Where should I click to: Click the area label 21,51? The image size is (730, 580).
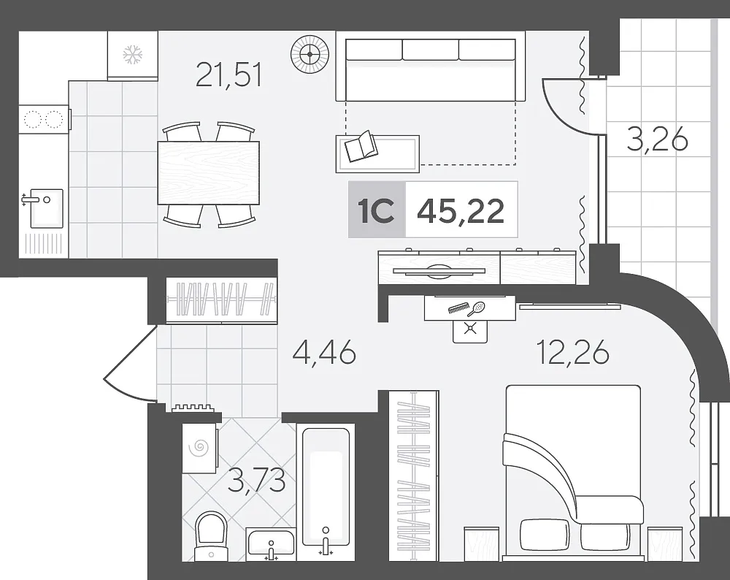pyautogui.click(x=229, y=75)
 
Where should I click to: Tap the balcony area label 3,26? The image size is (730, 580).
pyautogui.click(x=658, y=140)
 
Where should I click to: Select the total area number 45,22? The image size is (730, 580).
pyautogui.click(x=461, y=211)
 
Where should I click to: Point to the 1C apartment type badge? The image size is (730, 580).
pyautogui.click(x=377, y=210)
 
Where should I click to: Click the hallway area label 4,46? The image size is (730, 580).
pyautogui.click(x=324, y=352)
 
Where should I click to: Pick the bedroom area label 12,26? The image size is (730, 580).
pyautogui.click(x=572, y=352)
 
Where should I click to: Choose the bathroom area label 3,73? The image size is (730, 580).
pyautogui.click(x=256, y=481)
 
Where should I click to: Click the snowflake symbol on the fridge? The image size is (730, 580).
pyautogui.click(x=132, y=55)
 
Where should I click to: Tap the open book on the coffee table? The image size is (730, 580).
pyautogui.click(x=361, y=146)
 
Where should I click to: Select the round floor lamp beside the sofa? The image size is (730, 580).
pyautogui.click(x=310, y=55)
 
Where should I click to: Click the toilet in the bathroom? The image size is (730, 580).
pyautogui.click(x=211, y=535)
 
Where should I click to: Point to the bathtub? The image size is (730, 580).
pyautogui.click(x=326, y=487)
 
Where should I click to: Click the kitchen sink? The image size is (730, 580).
pyautogui.click(x=46, y=208)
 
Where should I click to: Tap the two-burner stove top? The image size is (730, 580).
pyautogui.click(x=44, y=119)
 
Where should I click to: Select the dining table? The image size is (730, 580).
pyautogui.click(x=208, y=173)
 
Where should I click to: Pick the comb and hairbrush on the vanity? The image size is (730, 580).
pyautogui.click(x=466, y=308)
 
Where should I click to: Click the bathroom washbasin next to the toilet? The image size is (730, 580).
pyautogui.click(x=271, y=543)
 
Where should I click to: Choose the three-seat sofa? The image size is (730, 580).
pyautogui.click(x=431, y=70)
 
